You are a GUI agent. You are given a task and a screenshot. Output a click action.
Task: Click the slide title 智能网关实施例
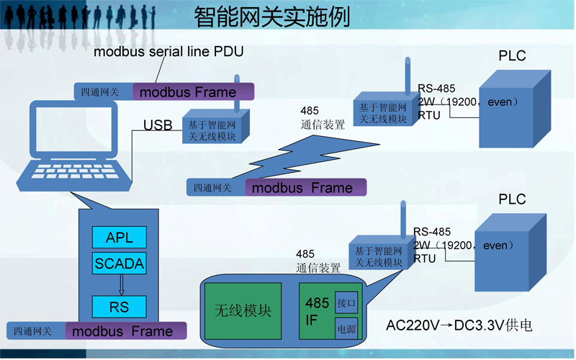point(272,17)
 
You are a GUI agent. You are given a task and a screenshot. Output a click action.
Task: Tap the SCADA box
point(119,264)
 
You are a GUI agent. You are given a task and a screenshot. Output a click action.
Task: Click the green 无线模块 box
point(243,311)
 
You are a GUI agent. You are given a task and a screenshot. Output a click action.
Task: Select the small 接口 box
point(346,303)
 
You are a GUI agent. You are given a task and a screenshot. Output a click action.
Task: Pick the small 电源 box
point(346,328)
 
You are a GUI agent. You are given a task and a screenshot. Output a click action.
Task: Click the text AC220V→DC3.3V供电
point(459,325)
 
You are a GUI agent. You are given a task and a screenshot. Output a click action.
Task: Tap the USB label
point(158,125)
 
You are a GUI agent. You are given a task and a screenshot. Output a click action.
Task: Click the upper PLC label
point(512,56)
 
